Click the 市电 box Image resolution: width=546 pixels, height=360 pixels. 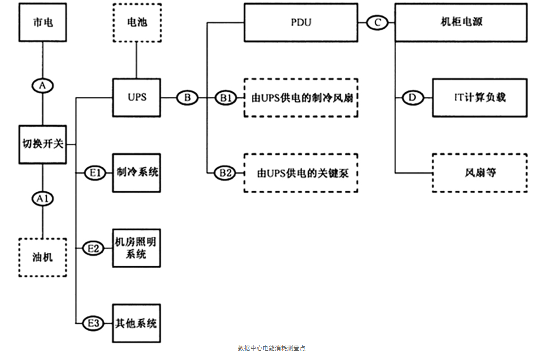coord(43,23)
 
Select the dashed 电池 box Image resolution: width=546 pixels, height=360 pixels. coord(136,23)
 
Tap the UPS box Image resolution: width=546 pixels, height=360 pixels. coord(136,97)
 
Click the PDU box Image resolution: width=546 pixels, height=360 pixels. coord(300,23)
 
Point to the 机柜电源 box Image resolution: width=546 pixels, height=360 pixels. coord(461,23)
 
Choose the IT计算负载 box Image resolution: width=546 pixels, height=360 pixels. coord(480,97)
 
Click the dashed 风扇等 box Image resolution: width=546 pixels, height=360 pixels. coord(480,173)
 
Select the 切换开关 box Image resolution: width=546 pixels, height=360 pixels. coord(43,144)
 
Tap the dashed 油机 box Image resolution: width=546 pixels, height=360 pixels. coord(43,257)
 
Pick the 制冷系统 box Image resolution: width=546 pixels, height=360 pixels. coord(136,173)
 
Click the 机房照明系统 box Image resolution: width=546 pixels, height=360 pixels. coord(136,248)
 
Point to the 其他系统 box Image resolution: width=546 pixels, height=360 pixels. coord(136,324)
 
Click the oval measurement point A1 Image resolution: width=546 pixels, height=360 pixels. coord(43,197)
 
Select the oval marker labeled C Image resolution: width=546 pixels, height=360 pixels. coord(378,23)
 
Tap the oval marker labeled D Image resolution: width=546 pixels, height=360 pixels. coord(412,97)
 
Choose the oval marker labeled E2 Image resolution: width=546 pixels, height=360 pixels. coord(93,248)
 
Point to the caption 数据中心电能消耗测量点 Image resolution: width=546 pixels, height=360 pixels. coord(272,348)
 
